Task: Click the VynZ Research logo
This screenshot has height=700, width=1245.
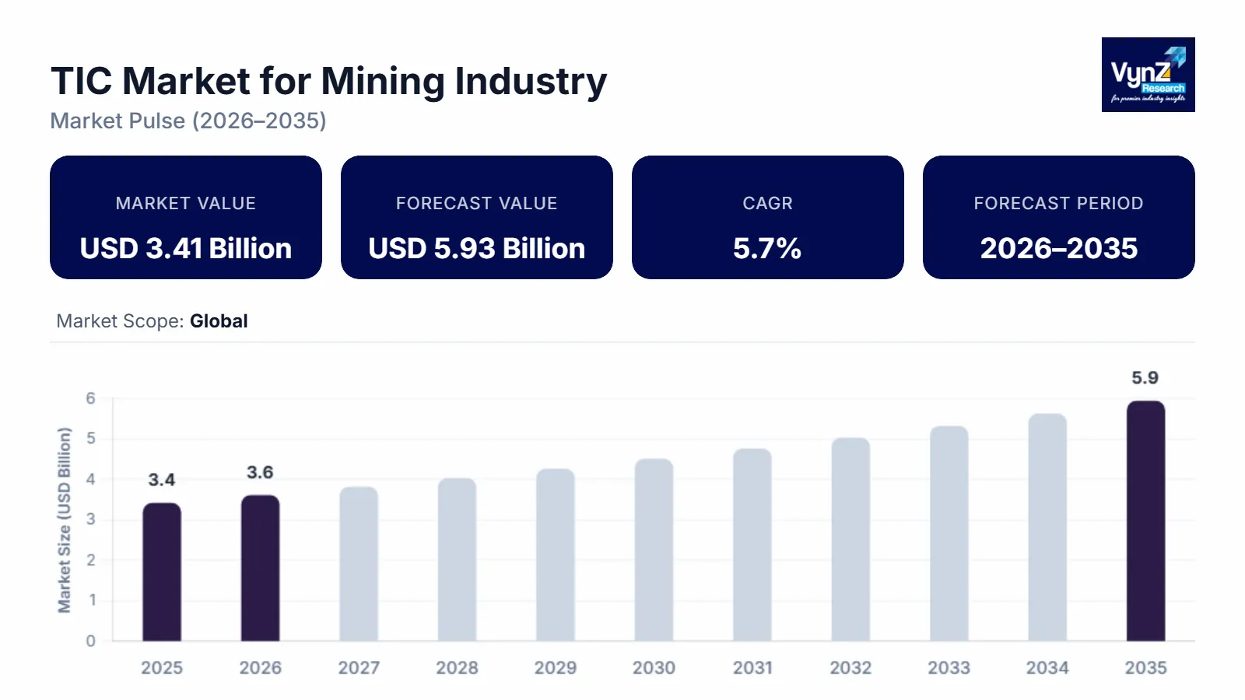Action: click(1148, 75)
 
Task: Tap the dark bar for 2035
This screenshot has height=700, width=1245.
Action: click(1145, 521)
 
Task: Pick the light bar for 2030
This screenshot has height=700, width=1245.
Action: click(654, 550)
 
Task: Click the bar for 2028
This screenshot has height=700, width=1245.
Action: click(457, 559)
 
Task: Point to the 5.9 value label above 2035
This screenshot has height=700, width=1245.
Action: click(1145, 378)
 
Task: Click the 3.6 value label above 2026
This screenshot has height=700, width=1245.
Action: click(260, 472)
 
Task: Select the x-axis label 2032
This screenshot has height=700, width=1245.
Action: click(850, 667)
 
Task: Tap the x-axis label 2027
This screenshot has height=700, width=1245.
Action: click(359, 667)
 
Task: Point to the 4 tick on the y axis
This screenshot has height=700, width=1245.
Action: click(91, 479)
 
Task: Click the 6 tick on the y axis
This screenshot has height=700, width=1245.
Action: click(91, 398)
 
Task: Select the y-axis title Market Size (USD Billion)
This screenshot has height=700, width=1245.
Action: click(65, 520)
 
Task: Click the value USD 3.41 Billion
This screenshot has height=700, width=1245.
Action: click(186, 248)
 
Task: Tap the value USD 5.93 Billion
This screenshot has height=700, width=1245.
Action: click(477, 248)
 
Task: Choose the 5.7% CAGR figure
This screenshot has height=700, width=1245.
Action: click(767, 248)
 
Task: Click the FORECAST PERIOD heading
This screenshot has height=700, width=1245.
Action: click(1058, 203)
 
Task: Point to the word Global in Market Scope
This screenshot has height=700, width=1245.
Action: click(219, 321)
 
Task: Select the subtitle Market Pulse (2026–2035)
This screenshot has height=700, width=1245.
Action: click(188, 121)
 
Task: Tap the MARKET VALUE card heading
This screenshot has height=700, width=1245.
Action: click(186, 203)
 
